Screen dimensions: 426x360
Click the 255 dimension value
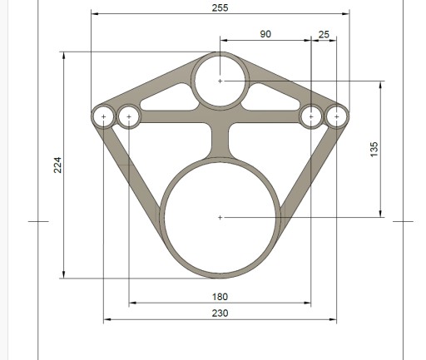coord(220,8)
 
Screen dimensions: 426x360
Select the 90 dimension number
coord(265,34)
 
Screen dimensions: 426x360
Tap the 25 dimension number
coord(324,35)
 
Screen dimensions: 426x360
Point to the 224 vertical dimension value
coord(57,165)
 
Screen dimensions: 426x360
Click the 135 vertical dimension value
coord(374,150)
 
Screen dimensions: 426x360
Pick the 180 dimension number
coord(220,297)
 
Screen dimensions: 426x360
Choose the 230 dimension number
coord(220,313)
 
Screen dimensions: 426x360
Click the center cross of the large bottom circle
coord(220,218)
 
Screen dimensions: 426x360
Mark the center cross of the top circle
coord(220,81)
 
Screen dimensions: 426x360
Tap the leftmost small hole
coord(103,116)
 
